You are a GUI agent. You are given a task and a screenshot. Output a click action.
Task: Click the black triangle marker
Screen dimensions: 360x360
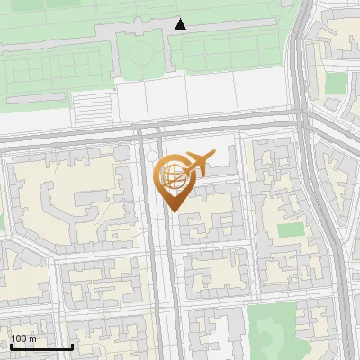click(180, 24)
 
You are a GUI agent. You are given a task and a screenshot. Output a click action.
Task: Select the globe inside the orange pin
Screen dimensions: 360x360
click(171, 175)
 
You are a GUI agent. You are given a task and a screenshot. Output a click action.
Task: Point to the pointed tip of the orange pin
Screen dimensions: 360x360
click(172, 211)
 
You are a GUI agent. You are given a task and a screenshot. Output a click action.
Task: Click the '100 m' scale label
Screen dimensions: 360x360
click(23, 339)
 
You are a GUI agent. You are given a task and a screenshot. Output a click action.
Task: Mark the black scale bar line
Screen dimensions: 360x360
click(40, 346)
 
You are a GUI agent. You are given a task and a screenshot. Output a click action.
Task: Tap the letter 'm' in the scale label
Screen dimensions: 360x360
click(33, 339)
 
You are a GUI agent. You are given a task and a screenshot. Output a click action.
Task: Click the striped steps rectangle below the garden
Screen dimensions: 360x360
click(90, 109)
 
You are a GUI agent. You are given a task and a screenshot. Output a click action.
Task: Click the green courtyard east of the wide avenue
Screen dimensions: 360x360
click(290, 229)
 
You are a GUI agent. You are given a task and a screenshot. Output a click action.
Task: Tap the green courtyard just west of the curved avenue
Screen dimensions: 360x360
click(336, 83)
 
